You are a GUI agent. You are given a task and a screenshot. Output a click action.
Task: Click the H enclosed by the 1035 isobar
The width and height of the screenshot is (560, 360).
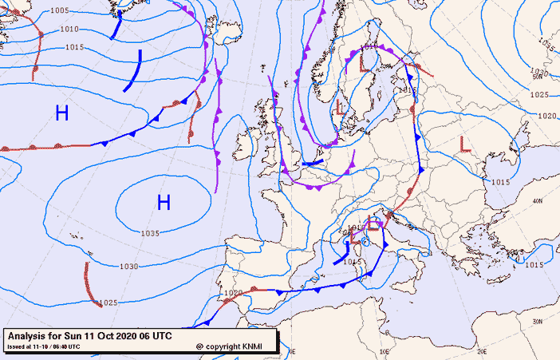coord(164,203)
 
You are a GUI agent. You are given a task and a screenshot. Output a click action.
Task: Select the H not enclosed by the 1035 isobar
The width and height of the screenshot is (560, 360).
coord(61,113)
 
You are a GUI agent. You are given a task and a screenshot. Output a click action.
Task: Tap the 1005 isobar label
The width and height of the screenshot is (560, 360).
coord(59,10)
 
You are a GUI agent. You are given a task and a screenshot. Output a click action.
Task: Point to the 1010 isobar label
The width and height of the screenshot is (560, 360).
coord(69,30)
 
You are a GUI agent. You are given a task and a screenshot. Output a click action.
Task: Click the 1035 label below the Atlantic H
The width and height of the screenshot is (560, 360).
coord(150,233)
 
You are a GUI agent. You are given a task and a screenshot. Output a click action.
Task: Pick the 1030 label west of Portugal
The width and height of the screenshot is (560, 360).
coord(128,267)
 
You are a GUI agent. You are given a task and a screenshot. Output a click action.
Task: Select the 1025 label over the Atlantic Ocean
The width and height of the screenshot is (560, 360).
coord(109,303)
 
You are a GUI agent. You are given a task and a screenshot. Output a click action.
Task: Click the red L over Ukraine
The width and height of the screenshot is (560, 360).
coord(465,144)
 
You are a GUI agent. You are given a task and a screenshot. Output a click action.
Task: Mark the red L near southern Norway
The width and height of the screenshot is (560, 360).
coord(340,105)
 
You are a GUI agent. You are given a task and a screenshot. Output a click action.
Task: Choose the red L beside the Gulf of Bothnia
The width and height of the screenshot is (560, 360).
coord(365,60)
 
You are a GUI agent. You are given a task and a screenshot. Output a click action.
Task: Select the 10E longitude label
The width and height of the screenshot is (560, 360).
coord(384,350)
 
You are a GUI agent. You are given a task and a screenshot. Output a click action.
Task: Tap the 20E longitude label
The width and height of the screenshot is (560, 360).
coord(481,350)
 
